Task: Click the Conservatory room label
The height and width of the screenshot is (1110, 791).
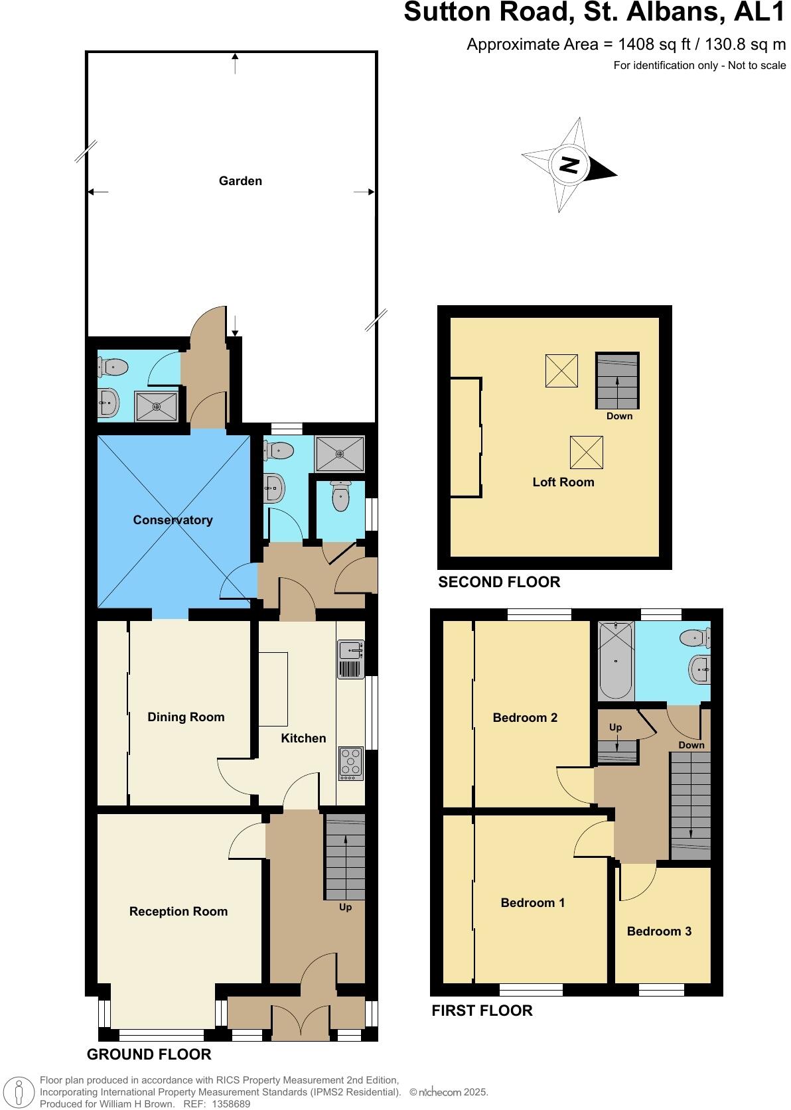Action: click(x=173, y=520)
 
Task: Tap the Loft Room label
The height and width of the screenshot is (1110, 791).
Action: click(x=563, y=482)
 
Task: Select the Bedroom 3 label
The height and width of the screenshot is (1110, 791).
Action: click(x=659, y=932)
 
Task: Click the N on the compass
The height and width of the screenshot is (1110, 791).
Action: click(x=569, y=165)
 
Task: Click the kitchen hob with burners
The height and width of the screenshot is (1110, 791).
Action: click(x=351, y=763)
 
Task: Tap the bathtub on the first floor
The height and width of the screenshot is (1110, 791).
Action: click(x=616, y=661)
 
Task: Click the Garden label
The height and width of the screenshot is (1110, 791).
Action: click(x=240, y=181)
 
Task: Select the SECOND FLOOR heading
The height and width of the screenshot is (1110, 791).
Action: click(x=499, y=583)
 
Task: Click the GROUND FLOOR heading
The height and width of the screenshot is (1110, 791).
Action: click(x=149, y=1054)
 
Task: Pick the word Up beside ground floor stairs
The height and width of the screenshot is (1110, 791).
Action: click(x=345, y=907)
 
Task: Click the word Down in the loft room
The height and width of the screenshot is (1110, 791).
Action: click(x=619, y=416)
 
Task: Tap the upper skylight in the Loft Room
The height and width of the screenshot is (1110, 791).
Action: click(x=561, y=371)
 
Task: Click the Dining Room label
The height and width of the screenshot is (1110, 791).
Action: click(x=186, y=717)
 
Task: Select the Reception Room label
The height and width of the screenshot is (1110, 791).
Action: click(x=179, y=912)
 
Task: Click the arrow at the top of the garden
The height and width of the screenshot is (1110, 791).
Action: click(x=235, y=64)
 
